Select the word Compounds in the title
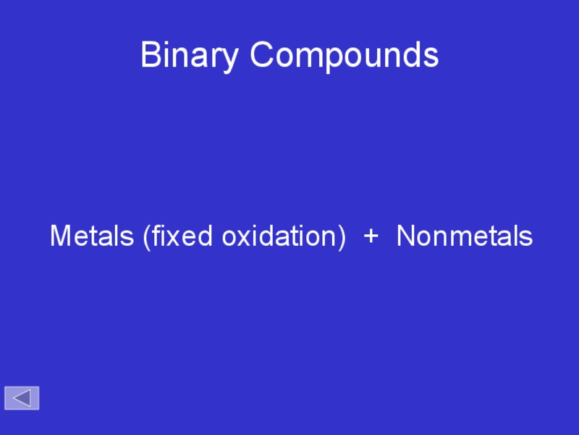click(x=345, y=55)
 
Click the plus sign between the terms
click(x=371, y=236)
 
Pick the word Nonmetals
click(x=465, y=236)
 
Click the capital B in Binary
click(x=150, y=55)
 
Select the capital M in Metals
click(x=61, y=236)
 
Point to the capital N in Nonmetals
click(x=406, y=236)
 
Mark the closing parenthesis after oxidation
click(x=342, y=237)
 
